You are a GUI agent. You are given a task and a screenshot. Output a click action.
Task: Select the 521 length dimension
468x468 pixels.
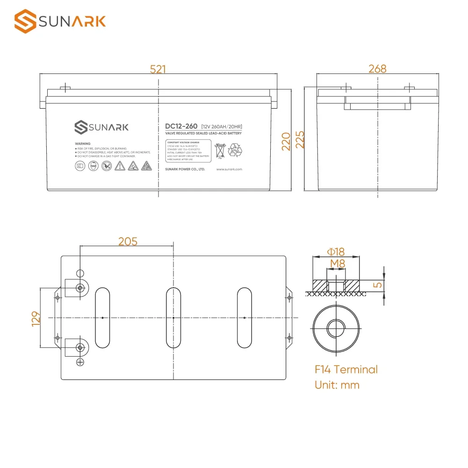pyautogui.click(x=158, y=69)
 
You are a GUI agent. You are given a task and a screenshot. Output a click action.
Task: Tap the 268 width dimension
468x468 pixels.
pyautogui.click(x=377, y=69)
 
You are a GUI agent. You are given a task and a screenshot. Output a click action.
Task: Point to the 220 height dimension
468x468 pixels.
pyautogui.click(x=286, y=140)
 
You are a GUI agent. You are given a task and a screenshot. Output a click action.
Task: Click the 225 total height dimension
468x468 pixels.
pyautogui.click(x=300, y=139)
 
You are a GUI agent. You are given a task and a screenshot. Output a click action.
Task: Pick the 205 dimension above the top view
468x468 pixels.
pyautogui.click(x=128, y=241)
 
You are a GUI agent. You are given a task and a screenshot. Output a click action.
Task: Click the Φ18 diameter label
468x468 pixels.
pyautogui.click(x=336, y=252)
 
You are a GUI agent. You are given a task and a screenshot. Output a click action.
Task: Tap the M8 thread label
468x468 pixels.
pyautogui.click(x=337, y=264)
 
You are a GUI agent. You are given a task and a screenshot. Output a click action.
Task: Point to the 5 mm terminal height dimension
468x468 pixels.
pyautogui.click(x=379, y=284)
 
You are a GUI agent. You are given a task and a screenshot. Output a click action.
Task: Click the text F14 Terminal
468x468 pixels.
pyautogui.click(x=346, y=370)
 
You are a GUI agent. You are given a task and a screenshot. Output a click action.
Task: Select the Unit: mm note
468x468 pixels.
pyautogui.click(x=337, y=385)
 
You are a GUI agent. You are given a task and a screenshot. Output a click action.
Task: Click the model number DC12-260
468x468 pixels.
pyautogui.click(x=181, y=126)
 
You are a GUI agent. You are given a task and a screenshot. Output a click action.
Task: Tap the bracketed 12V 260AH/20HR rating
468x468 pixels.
pyautogui.click(x=222, y=127)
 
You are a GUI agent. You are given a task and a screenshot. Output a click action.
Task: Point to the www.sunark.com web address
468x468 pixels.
pyautogui.click(x=229, y=169)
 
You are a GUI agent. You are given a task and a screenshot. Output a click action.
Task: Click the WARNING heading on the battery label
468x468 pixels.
pyautogui.click(x=82, y=144)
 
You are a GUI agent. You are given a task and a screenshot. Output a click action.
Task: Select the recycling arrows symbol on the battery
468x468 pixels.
pyautogui.click(x=235, y=150)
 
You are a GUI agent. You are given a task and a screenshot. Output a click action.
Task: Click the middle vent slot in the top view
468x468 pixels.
pyautogui.click(x=173, y=318)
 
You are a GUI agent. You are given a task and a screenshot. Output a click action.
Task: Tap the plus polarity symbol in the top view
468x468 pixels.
pyautogui.click(x=80, y=362)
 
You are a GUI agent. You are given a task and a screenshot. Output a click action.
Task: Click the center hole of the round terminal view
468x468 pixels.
pyautogui.click(x=336, y=328)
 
